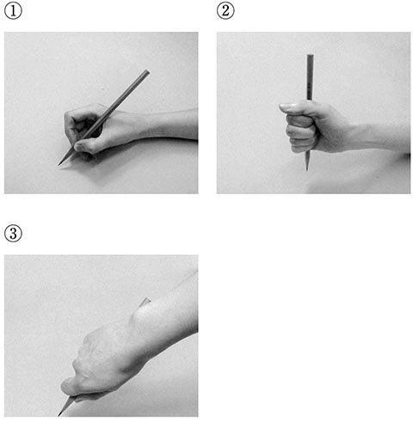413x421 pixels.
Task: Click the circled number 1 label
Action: [x=13, y=11]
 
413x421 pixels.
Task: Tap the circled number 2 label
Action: [x=225, y=11]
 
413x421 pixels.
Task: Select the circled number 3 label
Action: [x=13, y=234]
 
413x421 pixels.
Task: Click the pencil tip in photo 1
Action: [x=59, y=165]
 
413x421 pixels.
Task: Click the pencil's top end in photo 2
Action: [x=310, y=55]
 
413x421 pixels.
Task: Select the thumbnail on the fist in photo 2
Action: [x=287, y=107]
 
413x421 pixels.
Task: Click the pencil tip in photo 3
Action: [x=59, y=415]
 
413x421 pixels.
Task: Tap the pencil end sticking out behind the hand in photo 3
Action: [x=145, y=302]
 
